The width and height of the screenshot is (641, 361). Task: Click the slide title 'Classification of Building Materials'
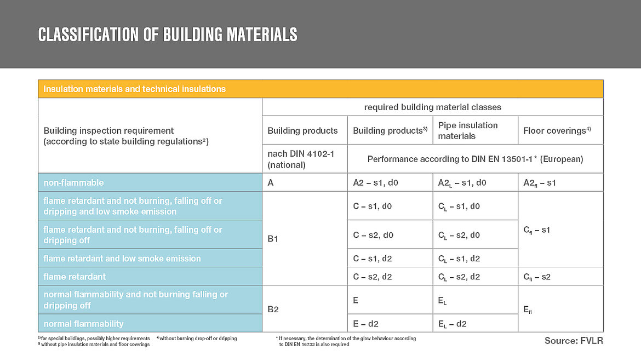(x=168, y=35)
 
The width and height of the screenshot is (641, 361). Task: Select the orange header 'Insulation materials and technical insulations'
(x=134, y=89)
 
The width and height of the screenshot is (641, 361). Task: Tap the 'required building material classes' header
(x=432, y=107)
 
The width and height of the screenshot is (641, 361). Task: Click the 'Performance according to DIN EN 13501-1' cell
(x=475, y=159)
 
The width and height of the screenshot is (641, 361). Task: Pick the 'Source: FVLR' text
(x=573, y=341)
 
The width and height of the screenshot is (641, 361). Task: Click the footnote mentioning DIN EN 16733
(x=346, y=341)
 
